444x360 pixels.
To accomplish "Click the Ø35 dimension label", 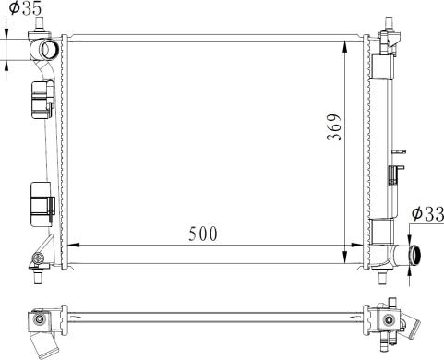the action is tap(25, 8).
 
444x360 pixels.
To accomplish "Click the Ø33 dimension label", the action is tap(428, 214).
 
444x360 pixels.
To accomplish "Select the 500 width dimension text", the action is tap(203, 234).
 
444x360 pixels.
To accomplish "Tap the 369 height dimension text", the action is tap(334, 127).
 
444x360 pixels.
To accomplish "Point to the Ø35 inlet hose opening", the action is tap(49, 49).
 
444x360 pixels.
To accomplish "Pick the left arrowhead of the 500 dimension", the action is tap(73, 246).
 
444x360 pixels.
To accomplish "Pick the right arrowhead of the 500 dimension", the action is tap(356, 246).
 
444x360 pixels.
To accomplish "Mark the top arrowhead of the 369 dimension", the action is tap(344, 47).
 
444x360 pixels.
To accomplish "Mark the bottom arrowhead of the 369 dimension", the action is tap(344, 257).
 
